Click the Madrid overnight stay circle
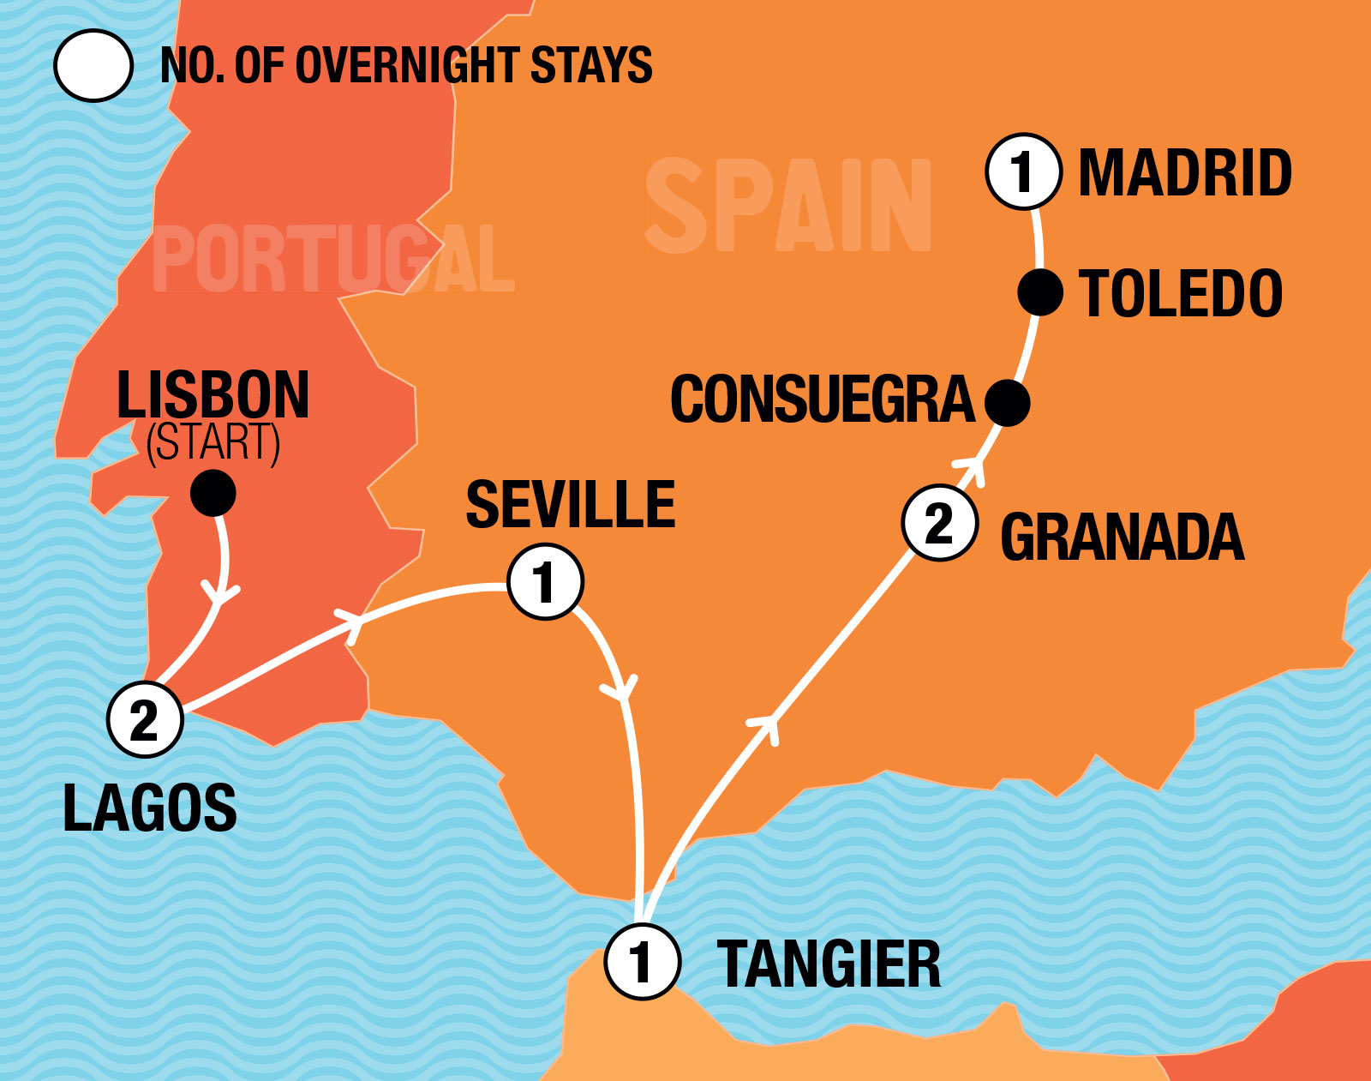[x=1023, y=171]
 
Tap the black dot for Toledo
[x=1040, y=292]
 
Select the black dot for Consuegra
[x=1007, y=402]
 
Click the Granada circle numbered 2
[x=940, y=523]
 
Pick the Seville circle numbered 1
[x=545, y=581]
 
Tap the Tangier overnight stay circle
[x=642, y=961]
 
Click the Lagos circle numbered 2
[x=145, y=719]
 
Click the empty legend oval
[x=93, y=65]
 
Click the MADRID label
[x=1184, y=173]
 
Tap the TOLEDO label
[x=1180, y=293]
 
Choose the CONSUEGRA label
[x=823, y=399]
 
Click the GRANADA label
[x=1122, y=537]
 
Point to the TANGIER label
[x=828, y=964]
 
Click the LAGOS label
[x=150, y=808]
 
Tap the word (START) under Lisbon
[x=213, y=443]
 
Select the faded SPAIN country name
[x=787, y=207]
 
